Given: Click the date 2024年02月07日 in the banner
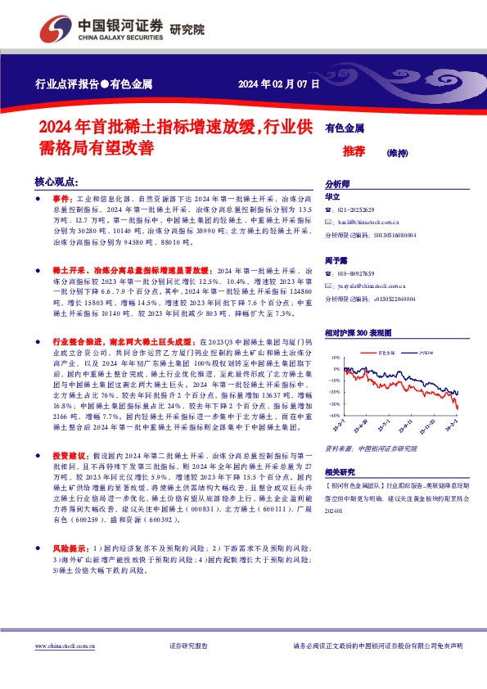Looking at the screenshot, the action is (x=279, y=83).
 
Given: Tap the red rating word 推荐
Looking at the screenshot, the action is (x=354, y=151).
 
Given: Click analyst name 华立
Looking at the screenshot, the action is (x=331, y=197).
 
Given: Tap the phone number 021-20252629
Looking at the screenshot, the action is (x=355, y=209).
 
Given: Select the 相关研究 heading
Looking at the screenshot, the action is (x=340, y=472).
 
